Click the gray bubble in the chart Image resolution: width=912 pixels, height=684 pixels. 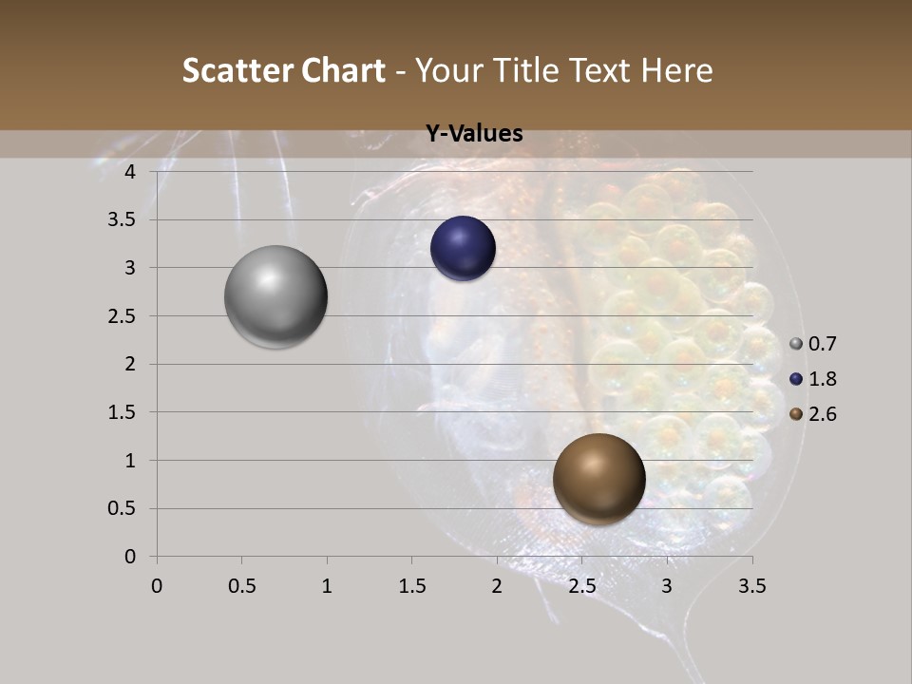tap(275, 296)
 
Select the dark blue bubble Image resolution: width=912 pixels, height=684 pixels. tap(463, 249)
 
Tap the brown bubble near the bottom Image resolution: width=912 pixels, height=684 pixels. tap(598, 479)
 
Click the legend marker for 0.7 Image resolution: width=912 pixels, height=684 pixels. tap(796, 344)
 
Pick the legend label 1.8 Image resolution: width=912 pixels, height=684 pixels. tap(822, 379)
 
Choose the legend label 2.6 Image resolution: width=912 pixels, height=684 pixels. tap(822, 414)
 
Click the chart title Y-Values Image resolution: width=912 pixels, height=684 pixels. tap(474, 134)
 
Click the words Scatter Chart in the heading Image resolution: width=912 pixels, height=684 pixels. tap(283, 70)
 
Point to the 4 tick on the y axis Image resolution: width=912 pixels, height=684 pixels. tap(131, 172)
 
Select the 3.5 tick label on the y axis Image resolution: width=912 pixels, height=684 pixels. tap(123, 220)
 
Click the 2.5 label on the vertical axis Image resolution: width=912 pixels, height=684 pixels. tap(123, 316)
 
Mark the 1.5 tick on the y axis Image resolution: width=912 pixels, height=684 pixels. tap(123, 412)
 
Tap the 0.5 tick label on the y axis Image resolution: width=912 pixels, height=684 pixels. tap(123, 508)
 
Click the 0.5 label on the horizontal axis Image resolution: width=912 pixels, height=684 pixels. tap(241, 586)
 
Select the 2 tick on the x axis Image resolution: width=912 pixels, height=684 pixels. tap(497, 586)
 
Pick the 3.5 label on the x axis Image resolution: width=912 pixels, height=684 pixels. tap(751, 586)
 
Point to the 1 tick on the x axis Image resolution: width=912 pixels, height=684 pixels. tap(327, 586)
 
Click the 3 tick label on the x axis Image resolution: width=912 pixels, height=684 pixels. tap(667, 586)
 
